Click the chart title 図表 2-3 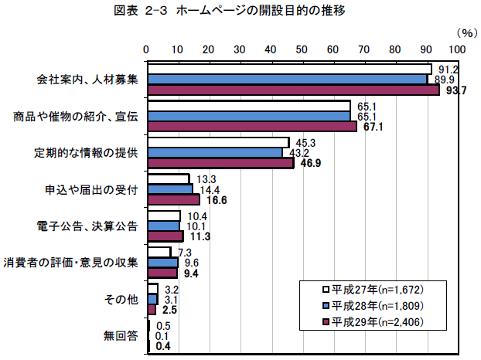[240, 12]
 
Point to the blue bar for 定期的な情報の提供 [214, 152]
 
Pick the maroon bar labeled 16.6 [173, 199]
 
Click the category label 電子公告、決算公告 [87, 226]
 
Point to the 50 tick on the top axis [302, 49]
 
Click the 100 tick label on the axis [457, 49]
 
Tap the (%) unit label [467, 32]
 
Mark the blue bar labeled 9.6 [162, 263]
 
